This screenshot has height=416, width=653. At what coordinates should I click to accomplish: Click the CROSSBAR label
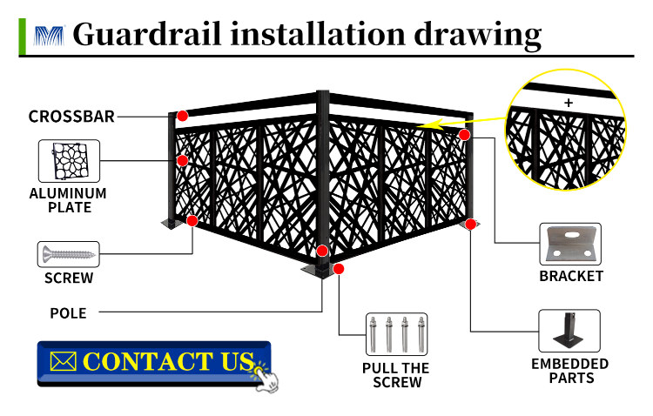pyautogui.click(x=71, y=117)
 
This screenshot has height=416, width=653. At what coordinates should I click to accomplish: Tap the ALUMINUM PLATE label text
pyautogui.click(x=69, y=200)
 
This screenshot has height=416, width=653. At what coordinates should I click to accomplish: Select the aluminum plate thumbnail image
pyautogui.click(x=69, y=161)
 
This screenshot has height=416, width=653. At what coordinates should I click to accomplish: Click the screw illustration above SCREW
pyautogui.click(x=69, y=255)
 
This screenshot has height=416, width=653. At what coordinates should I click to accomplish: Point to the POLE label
pyautogui.click(x=68, y=312)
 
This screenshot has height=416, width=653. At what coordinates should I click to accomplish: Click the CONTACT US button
pyautogui.click(x=154, y=363)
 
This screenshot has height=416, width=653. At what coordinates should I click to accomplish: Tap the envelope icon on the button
pyautogui.click(x=64, y=361)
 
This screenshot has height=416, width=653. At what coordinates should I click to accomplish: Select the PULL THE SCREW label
pyautogui.click(x=396, y=375)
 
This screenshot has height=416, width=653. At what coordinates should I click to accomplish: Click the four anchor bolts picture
pyautogui.click(x=396, y=332)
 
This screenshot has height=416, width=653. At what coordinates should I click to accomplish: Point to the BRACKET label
pyautogui.click(x=571, y=276)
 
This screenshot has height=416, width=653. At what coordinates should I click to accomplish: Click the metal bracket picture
pyautogui.click(x=570, y=244)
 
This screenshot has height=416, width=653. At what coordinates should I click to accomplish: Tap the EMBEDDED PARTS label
pyautogui.click(x=570, y=371)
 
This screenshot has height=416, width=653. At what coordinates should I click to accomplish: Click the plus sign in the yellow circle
pyautogui.click(x=569, y=103)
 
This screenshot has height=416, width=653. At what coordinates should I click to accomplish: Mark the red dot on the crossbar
pyautogui.click(x=183, y=116)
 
